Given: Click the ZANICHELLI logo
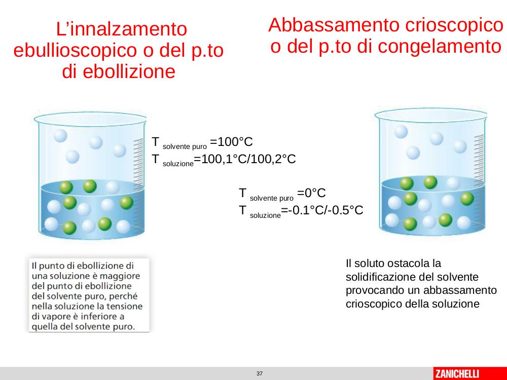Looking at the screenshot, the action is tap(457, 374).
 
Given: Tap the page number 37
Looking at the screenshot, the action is tap(259, 373).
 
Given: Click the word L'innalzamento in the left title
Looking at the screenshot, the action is tap(121, 29).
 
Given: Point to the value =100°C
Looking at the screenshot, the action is tap(231, 142).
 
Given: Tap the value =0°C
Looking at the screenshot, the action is tap(311, 193).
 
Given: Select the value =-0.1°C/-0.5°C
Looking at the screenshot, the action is tap(322, 210).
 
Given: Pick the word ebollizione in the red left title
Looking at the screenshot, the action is tap(119, 71).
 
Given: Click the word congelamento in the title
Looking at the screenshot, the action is tap(440, 47).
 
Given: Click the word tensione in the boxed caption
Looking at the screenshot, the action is tap(125, 306).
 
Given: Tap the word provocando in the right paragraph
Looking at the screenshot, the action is tap(375, 290).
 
